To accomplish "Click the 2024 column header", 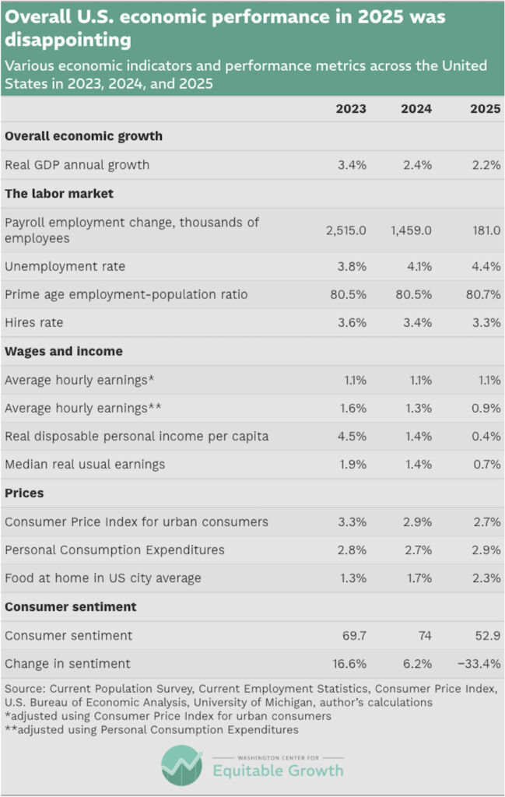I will point(416,109).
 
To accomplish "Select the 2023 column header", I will point(351,109).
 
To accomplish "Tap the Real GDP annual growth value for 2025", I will point(486,165).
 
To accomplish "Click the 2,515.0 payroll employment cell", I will point(345,230).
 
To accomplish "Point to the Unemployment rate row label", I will point(65,267).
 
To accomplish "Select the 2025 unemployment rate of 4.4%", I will point(486,267).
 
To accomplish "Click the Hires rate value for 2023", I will point(351,323).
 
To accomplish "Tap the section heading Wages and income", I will point(64,351).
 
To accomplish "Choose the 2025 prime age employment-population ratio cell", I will point(483,295).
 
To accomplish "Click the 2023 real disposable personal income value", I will point(351,436).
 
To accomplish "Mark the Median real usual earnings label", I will point(85,465).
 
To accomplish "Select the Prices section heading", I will point(24,493).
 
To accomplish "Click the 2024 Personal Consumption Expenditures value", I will point(417,550).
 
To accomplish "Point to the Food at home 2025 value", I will point(486,578).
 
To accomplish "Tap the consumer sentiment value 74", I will point(424,636).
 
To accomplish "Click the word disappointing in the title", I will point(68,38).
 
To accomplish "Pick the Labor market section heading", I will point(59,194).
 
